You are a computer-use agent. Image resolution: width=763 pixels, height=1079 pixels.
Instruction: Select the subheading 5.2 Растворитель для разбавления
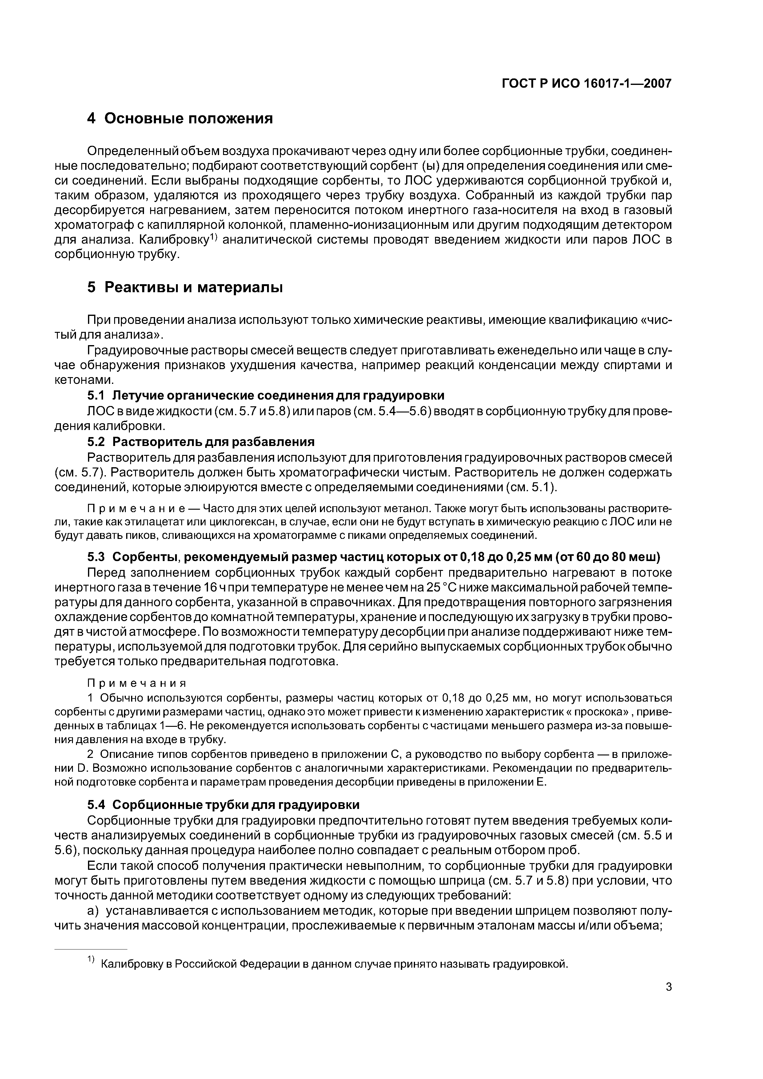click(x=201, y=442)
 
